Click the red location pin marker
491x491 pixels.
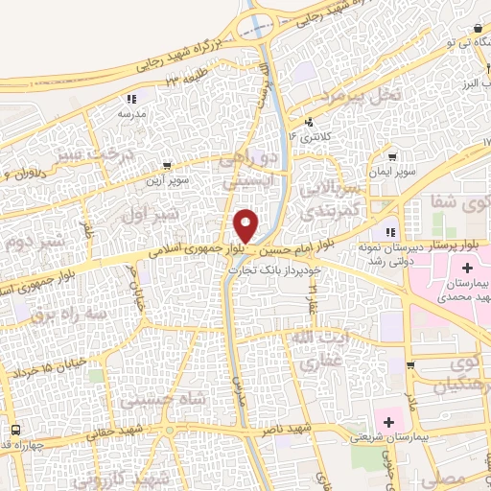246,225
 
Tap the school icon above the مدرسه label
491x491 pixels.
131,99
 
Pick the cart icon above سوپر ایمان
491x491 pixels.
393,156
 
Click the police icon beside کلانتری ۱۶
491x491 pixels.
309,123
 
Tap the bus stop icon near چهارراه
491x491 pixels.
15,430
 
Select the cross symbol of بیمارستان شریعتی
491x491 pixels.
389,420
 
